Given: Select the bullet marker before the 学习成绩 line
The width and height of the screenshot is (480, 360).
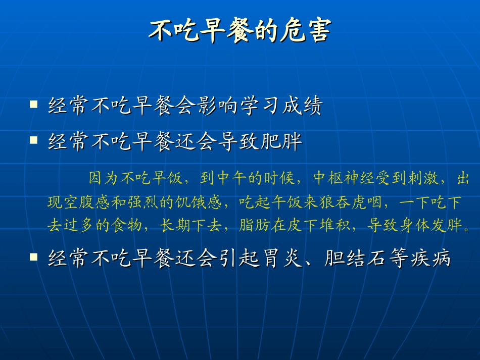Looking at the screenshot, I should point(34,105).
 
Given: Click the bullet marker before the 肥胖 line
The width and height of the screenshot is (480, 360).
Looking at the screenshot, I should point(34,140).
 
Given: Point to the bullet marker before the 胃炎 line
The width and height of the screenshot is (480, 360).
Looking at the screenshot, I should point(34,257).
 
